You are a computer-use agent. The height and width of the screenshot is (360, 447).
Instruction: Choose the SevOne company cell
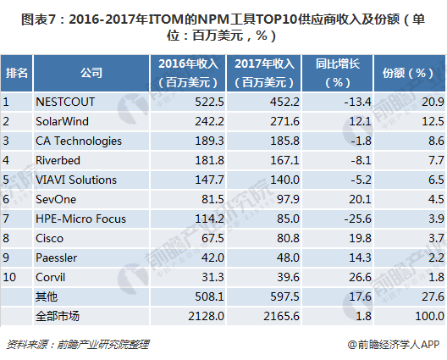[x=55, y=199]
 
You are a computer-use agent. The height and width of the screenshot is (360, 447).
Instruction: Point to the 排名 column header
[x=16, y=72]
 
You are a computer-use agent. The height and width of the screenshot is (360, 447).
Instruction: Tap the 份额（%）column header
[x=409, y=72]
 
